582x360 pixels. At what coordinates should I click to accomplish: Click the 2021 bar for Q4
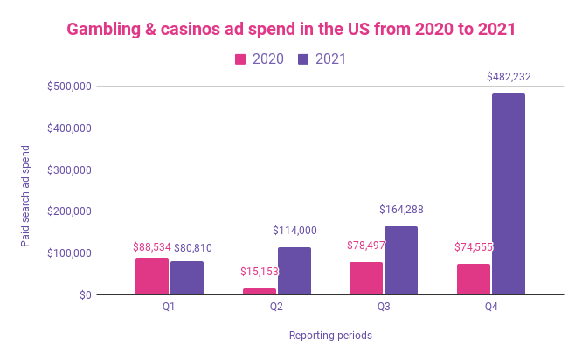point(508,194)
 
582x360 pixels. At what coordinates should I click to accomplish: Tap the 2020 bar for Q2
point(259,291)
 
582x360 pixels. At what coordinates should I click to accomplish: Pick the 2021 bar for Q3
point(401,260)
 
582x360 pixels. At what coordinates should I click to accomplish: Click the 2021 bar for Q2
point(294,271)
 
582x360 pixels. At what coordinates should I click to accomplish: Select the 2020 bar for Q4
point(473,279)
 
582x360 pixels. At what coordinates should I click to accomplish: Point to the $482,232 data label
point(509,77)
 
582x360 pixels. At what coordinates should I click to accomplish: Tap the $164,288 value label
point(401,210)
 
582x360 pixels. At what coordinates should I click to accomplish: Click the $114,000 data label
point(294,231)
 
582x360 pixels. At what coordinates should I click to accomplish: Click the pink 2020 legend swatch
point(240,59)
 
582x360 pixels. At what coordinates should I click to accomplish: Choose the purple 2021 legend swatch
point(304,59)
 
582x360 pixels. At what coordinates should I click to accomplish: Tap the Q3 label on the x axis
point(384,307)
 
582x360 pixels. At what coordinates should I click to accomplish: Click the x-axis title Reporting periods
point(330,335)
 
